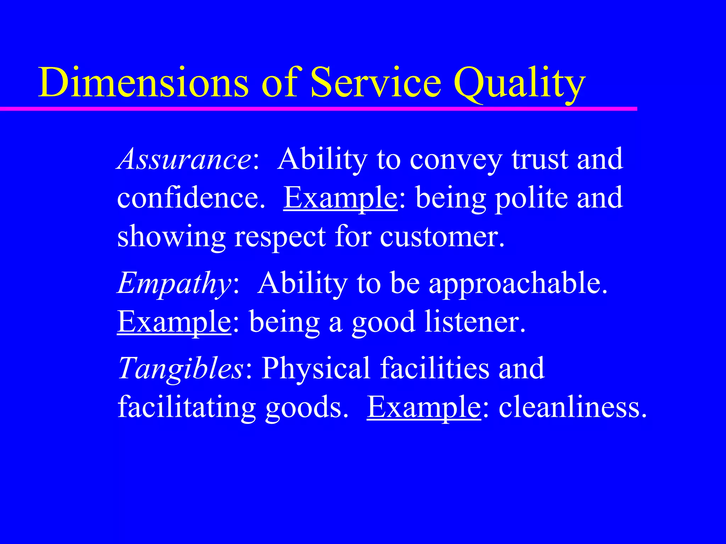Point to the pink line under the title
(x=319, y=109)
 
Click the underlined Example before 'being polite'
(x=340, y=198)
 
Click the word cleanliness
(x=573, y=407)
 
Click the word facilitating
(x=186, y=407)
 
